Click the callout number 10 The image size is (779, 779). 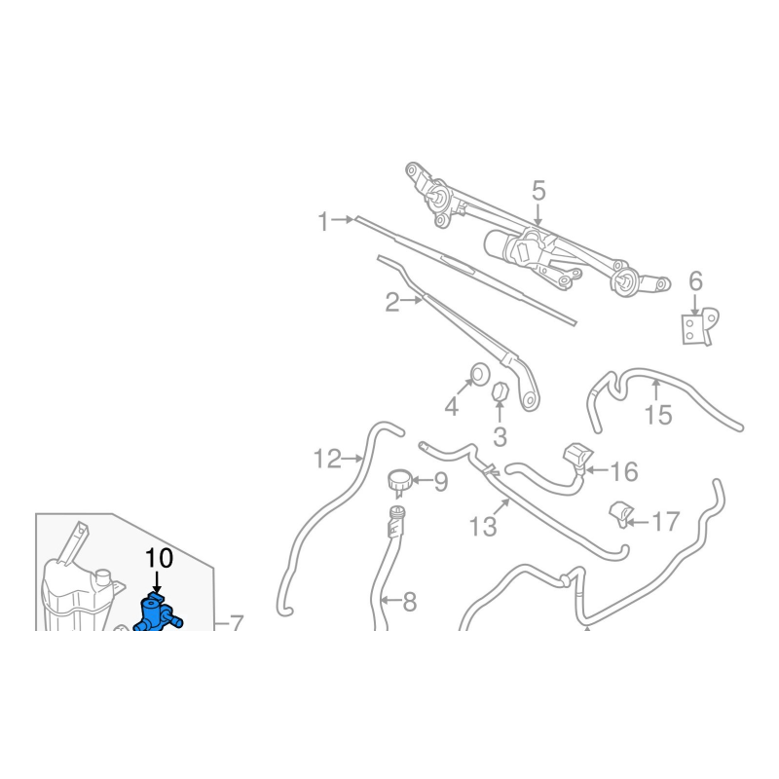point(159,558)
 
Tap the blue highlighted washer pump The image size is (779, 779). point(155,615)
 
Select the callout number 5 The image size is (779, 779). point(539,191)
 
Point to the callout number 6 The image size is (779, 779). point(695,281)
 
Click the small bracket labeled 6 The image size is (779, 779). point(699,326)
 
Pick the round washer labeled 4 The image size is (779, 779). point(480,374)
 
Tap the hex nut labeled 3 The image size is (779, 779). point(499,392)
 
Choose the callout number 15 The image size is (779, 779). point(658,415)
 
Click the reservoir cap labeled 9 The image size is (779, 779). point(399,482)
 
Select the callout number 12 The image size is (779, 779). point(328,459)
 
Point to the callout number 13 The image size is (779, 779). point(483,527)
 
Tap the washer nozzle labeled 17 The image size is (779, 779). point(620,515)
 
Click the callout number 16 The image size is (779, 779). point(624,471)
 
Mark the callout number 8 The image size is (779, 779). point(409,602)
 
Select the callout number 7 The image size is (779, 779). point(236,623)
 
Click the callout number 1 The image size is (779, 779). point(324,222)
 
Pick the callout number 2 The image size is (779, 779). point(392,303)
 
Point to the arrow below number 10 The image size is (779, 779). point(157,582)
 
